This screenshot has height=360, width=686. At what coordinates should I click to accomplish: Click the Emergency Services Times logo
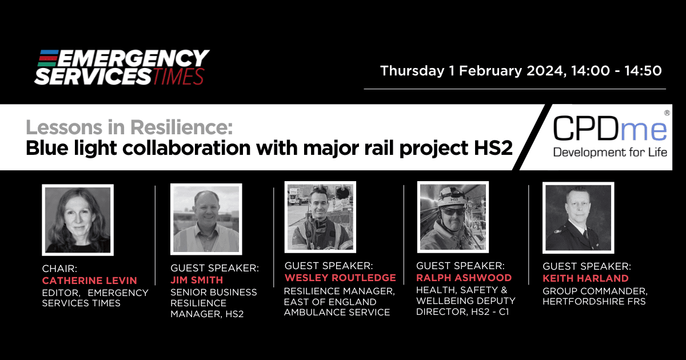coord(122,67)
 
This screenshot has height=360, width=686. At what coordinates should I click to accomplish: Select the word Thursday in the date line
coord(412,71)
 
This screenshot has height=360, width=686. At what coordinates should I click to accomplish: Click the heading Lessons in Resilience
coord(129,127)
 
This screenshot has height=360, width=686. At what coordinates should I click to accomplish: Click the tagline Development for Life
coord(610,152)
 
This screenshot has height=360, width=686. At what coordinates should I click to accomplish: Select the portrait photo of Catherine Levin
coord(78,220)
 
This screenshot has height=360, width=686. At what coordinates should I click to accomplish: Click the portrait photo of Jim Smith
coord(206,219)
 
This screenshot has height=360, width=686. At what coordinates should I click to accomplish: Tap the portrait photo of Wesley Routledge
coord(320,217)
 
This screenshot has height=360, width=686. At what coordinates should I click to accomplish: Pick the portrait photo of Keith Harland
coord(578,218)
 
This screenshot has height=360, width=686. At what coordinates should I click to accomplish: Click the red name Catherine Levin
coord(89,281)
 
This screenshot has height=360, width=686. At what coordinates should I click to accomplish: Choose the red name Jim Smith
coord(197,280)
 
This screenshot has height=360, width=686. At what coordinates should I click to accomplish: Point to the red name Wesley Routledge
coord(340,278)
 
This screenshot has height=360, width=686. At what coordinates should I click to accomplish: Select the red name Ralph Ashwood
coord(464,278)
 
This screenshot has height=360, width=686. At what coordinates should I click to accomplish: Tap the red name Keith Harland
coord(585,278)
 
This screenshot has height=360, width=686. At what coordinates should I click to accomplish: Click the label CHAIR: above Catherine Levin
coord(59,269)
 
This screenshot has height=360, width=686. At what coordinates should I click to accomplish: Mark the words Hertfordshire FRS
coord(594,302)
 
